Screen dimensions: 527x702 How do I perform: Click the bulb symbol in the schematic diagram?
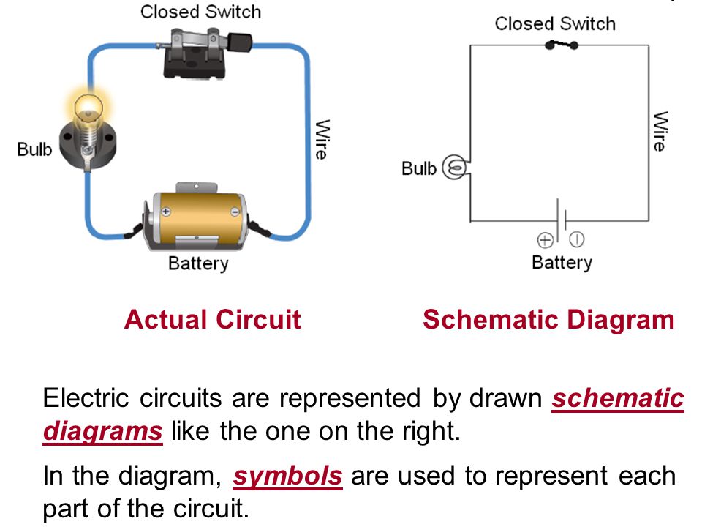click(455, 168)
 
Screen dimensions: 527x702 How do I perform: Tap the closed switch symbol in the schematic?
click(562, 45)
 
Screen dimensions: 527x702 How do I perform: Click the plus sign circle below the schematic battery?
click(546, 239)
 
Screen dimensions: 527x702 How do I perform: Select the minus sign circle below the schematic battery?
click(577, 239)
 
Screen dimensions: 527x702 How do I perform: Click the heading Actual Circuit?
click(212, 320)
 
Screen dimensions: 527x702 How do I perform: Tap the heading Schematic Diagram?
click(548, 320)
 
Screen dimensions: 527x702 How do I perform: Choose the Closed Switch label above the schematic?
click(554, 23)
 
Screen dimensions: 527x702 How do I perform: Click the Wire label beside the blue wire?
click(321, 139)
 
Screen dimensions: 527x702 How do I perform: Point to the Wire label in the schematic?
click(660, 132)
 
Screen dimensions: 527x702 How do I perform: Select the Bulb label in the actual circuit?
click(35, 149)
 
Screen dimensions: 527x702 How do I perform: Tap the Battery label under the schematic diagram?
click(562, 262)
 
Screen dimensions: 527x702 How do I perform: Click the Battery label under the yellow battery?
click(198, 263)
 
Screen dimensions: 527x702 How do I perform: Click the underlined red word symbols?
click(287, 476)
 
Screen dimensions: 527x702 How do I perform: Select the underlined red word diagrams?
click(102, 431)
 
